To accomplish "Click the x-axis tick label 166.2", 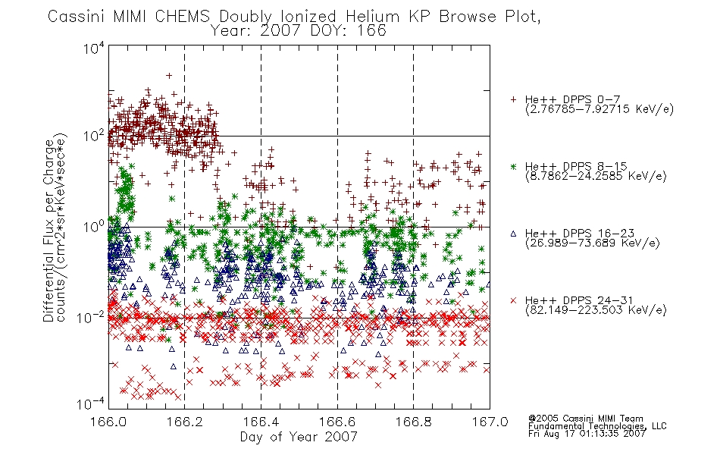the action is coord(185,422).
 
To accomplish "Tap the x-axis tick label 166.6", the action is coord(337,422).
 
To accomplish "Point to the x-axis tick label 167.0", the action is coord(490,422).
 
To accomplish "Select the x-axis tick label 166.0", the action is coord(108,422).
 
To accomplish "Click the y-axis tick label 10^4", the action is coord(95,48).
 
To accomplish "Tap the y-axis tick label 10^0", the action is coord(95,226).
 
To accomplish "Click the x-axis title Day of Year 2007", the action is coord(299,437).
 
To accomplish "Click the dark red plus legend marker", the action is coord(513,99).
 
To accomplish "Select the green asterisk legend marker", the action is coord(513,166).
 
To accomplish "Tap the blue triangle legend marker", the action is coord(513,234).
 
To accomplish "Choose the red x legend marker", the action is coord(513,300).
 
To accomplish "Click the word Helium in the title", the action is coord(373,17).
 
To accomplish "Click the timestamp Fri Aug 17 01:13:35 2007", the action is coord(587,433).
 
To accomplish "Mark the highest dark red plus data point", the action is coord(169,76).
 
